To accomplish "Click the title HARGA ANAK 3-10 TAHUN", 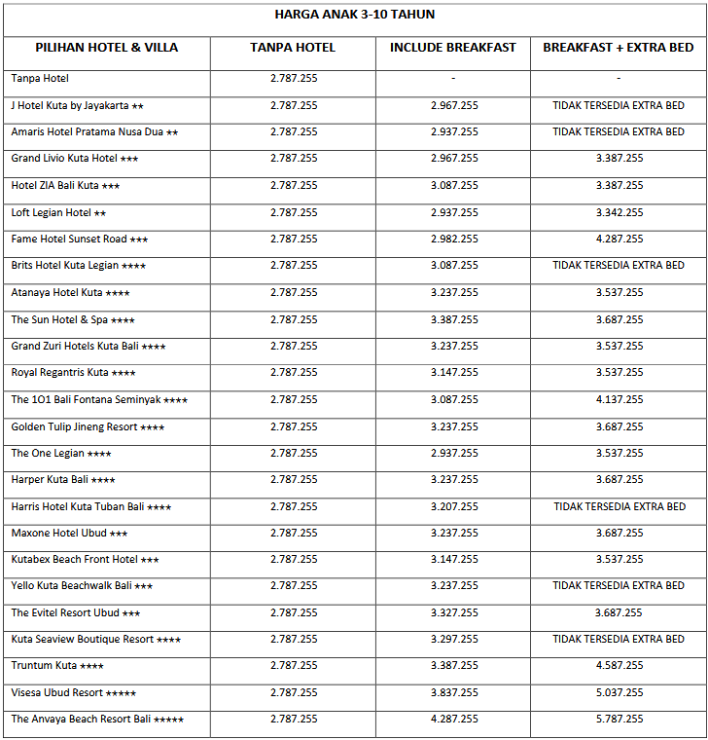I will point(354,15).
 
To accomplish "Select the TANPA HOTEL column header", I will point(293,48).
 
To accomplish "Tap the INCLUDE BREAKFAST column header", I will point(453,48).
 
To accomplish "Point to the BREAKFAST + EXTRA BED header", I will point(619,48).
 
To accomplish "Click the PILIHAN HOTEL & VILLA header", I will point(107,48).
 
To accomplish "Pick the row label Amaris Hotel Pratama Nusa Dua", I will point(94,131).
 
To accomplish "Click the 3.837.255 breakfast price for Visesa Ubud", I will point(454,692).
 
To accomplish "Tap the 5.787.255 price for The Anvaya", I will point(619,720).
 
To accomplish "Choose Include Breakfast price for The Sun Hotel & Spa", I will point(454,319).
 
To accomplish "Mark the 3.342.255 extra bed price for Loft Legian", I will point(619,212).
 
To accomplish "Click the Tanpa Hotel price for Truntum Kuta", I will point(294,666).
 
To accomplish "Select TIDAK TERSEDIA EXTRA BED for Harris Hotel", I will point(619,506).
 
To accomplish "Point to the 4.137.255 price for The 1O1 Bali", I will point(619,399).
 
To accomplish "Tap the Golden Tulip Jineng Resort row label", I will point(88,426).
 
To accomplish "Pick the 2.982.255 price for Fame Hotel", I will point(454,239).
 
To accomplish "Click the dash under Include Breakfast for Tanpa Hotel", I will point(453,78).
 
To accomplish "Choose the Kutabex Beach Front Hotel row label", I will point(85,560).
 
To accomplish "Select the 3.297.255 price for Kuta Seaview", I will point(454,640).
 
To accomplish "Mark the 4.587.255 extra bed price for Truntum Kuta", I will point(619,666).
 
